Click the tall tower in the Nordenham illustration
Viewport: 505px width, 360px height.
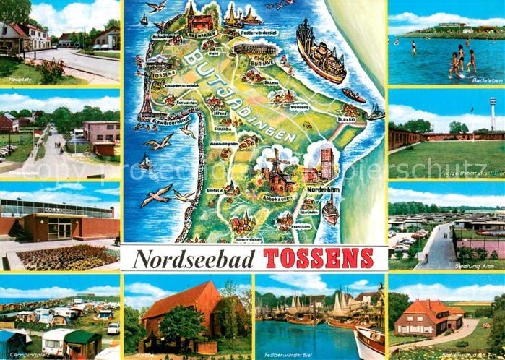[x=326, y=163]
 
